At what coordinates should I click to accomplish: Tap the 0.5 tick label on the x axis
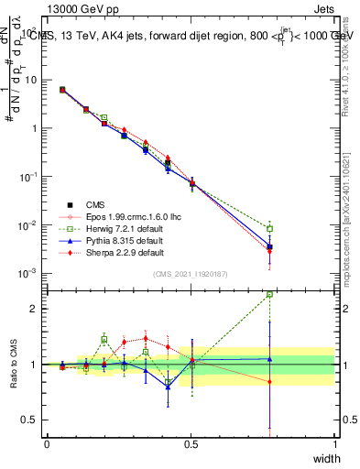[191, 444]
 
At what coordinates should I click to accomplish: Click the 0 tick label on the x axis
[47, 444]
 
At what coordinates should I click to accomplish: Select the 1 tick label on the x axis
[335, 444]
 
